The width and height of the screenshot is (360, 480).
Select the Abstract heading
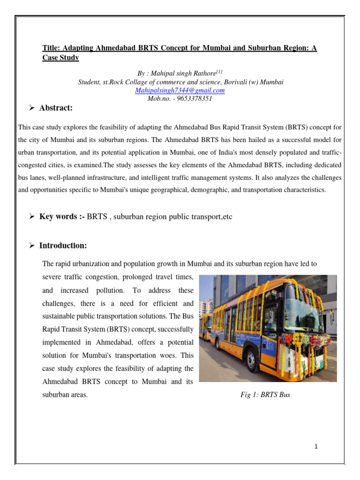tap(56, 108)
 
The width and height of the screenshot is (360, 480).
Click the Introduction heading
tap(63, 246)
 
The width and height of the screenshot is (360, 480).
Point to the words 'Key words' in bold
tap(59, 217)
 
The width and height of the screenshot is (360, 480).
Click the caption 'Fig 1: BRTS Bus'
tap(265, 395)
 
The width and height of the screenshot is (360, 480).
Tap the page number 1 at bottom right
tap(316, 447)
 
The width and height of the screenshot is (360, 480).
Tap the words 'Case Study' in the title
tap(60, 58)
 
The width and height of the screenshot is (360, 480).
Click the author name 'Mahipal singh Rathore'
tap(181, 74)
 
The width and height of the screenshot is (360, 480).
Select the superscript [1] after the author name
tap(219, 72)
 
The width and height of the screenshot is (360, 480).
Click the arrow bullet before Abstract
tap(32, 108)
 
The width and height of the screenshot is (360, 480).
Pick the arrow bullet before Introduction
tap(32, 246)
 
